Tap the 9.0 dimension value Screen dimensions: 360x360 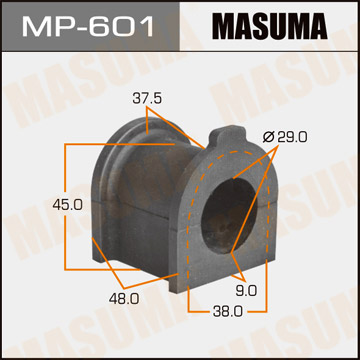coord(247,290)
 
